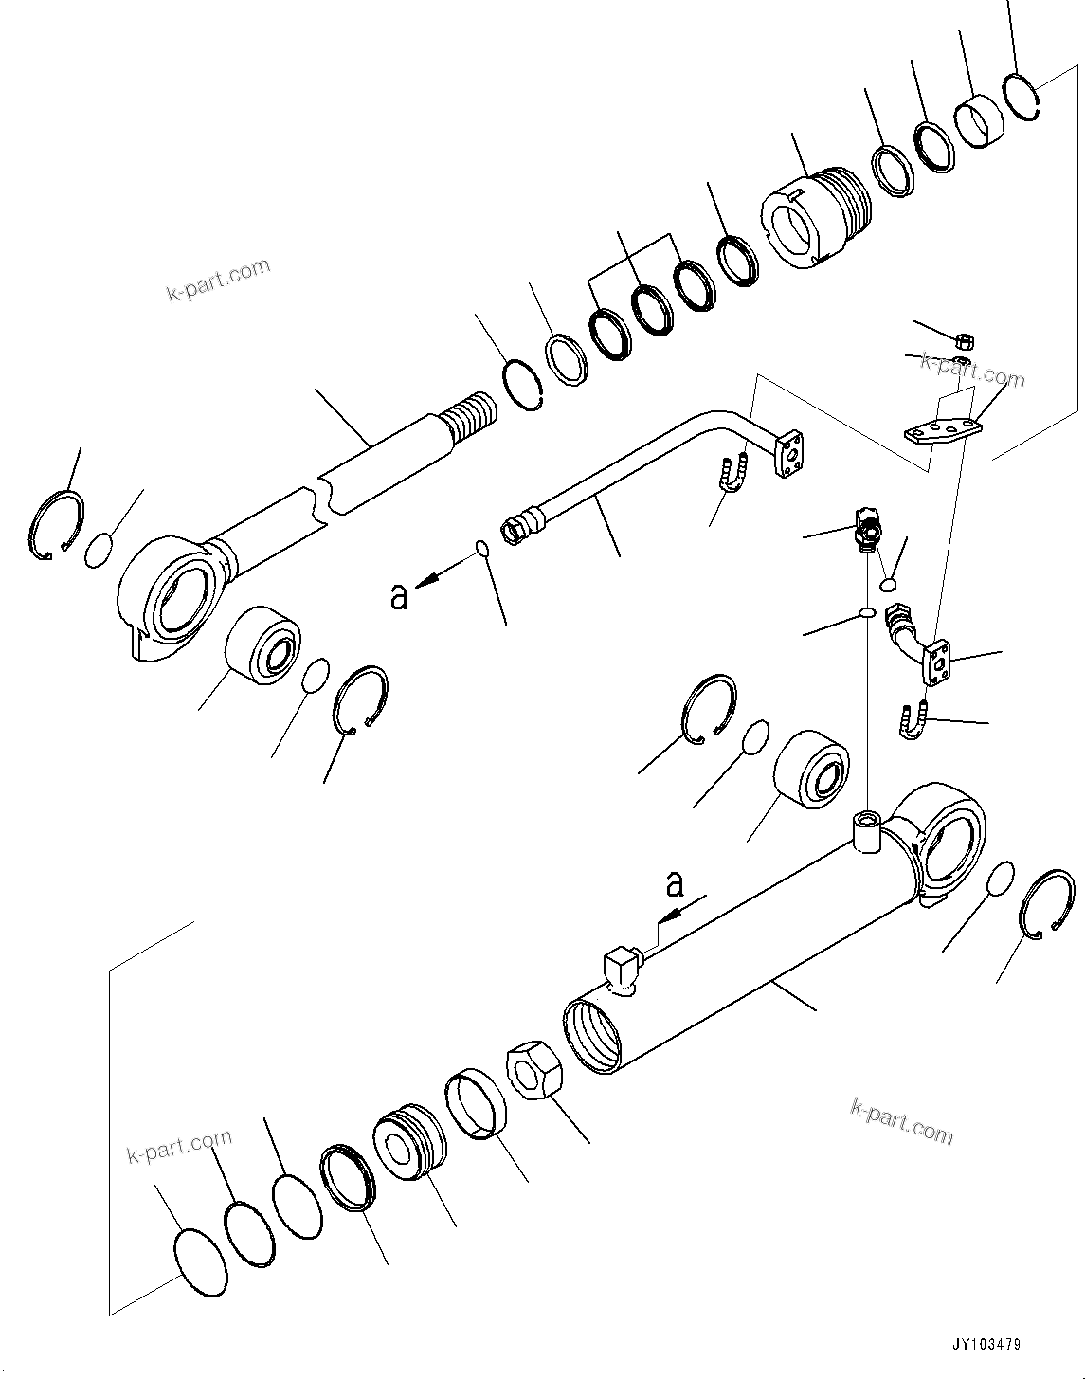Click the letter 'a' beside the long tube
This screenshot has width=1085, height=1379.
point(399,596)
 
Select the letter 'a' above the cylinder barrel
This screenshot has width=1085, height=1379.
point(674,884)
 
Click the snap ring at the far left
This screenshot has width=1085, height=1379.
point(54,524)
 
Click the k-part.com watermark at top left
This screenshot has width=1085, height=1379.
point(219,281)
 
